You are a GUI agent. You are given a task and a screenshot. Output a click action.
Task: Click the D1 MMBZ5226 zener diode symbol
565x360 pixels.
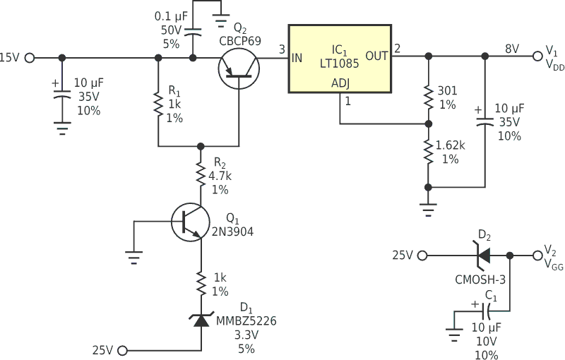coord(201,320)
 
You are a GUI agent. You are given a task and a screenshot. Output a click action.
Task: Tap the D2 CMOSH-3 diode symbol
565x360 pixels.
coord(483,255)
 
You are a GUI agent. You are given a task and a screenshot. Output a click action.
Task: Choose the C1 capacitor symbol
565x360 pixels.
coord(485,310)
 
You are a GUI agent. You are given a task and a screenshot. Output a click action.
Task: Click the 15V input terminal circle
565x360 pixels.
coord(29,58)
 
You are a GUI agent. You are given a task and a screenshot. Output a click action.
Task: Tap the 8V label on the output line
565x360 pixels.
coord(511,49)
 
